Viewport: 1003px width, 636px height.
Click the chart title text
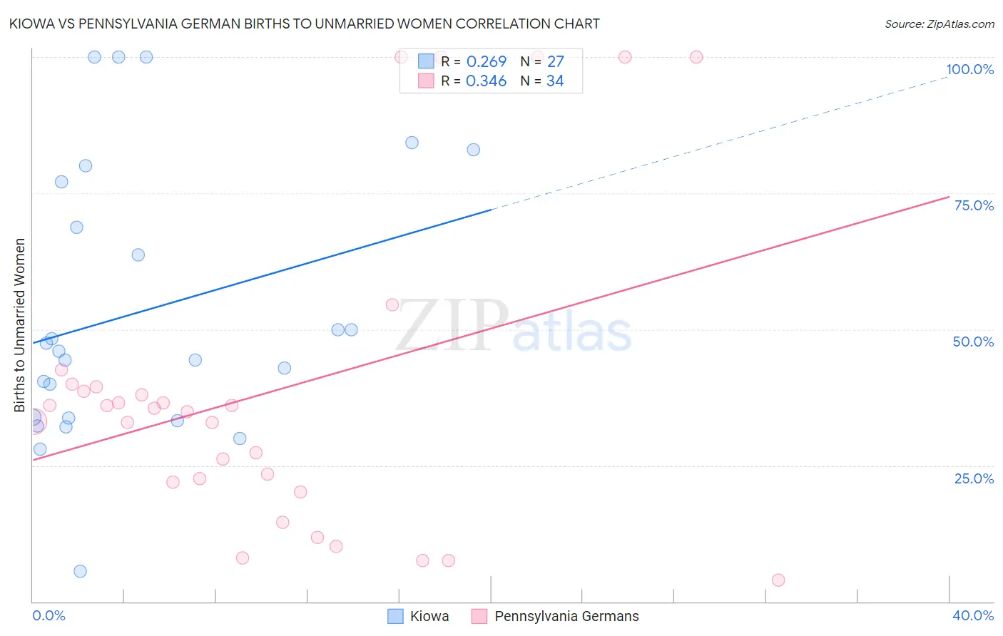[305, 24]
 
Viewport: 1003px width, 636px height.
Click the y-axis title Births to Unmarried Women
[20, 325]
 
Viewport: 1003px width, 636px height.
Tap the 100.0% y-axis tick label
[969, 69]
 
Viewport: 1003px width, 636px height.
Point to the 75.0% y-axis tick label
[974, 205]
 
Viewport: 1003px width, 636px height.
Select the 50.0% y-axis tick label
[973, 342]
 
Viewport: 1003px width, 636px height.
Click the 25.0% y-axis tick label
[974, 478]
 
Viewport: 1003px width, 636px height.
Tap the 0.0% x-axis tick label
[49, 615]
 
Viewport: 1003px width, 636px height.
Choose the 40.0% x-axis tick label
[973, 615]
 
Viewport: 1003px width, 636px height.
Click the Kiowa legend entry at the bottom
[419, 616]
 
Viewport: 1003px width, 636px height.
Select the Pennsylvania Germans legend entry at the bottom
[556, 616]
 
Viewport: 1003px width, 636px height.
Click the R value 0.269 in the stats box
[486, 62]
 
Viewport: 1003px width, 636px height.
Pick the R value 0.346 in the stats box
[486, 81]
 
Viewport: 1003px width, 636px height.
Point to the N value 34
[555, 81]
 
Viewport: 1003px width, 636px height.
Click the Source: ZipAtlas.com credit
[939, 24]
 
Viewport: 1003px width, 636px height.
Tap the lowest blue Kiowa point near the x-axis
[80, 571]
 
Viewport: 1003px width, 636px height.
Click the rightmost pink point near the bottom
[778, 580]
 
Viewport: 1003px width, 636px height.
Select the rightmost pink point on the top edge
[696, 57]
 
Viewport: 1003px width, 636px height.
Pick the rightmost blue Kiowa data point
[474, 150]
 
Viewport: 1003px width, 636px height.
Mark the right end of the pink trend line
[948, 197]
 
